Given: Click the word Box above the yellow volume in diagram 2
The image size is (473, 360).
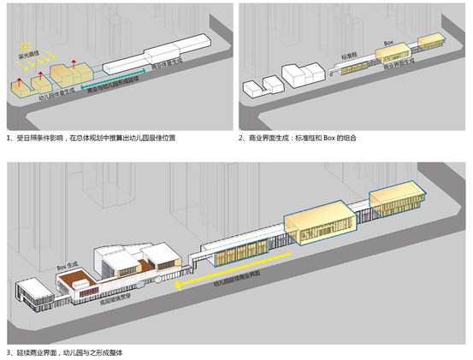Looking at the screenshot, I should point(387,42).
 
